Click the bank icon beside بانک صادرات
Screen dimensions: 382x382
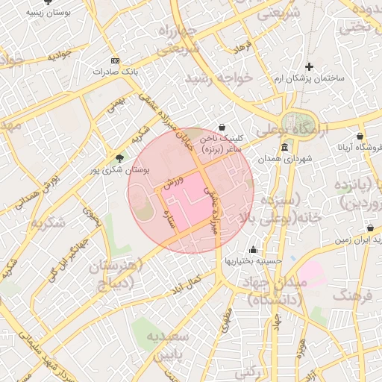pyautogui.click(x=114, y=60)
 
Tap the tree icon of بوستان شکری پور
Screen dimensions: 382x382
pyautogui.click(x=119, y=157)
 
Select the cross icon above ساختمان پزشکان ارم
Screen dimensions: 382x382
pyautogui.click(x=309, y=67)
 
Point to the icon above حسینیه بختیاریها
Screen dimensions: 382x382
pyautogui.click(x=254, y=250)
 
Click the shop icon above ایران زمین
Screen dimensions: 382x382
pyautogui.click(x=370, y=228)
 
